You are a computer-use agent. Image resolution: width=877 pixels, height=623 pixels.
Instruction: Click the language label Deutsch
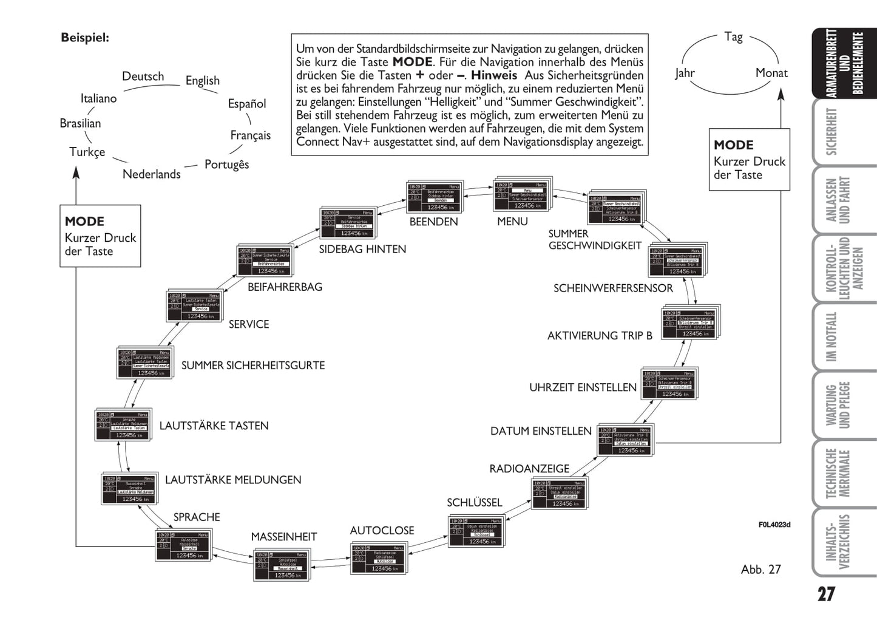tap(143, 77)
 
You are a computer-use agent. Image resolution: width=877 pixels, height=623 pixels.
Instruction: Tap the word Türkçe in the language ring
tap(87, 152)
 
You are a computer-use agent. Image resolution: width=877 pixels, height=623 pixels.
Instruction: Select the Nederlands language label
tap(151, 174)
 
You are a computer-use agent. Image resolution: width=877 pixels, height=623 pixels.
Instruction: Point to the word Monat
tap(771, 73)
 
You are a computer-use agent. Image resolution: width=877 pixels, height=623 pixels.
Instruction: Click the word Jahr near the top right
tap(685, 73)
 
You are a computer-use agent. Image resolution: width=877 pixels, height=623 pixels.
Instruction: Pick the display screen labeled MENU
tap(521, 195)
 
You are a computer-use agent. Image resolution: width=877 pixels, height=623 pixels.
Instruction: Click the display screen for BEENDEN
tap(433, 196)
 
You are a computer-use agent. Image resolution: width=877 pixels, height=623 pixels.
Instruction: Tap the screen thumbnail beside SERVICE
tap(193, 305)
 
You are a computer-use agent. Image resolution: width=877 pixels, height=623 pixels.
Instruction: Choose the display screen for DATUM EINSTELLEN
tap(625, 440)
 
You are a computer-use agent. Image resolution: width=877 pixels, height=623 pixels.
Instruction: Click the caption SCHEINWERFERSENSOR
tap(613, 288)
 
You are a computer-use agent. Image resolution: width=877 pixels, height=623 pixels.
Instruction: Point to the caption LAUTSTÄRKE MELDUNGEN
tap(233, 480)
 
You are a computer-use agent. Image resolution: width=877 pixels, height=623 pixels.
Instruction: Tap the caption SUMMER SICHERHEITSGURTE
tap(253, 366)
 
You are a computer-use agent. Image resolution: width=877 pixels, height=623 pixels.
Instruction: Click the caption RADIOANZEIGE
tap(529, 469)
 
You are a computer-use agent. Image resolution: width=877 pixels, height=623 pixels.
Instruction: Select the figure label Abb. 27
tap(760, 570)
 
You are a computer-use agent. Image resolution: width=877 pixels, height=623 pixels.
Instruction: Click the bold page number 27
tap(826, 594)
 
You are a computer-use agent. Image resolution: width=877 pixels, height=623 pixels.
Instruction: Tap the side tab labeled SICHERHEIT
tap(831, 131)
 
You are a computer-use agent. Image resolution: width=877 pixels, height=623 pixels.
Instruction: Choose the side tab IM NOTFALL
tap(831, 336)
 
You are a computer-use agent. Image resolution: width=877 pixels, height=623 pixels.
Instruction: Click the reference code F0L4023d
tap(774, 525)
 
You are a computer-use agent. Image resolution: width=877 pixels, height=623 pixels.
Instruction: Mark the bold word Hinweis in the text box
tap(494, 75)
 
